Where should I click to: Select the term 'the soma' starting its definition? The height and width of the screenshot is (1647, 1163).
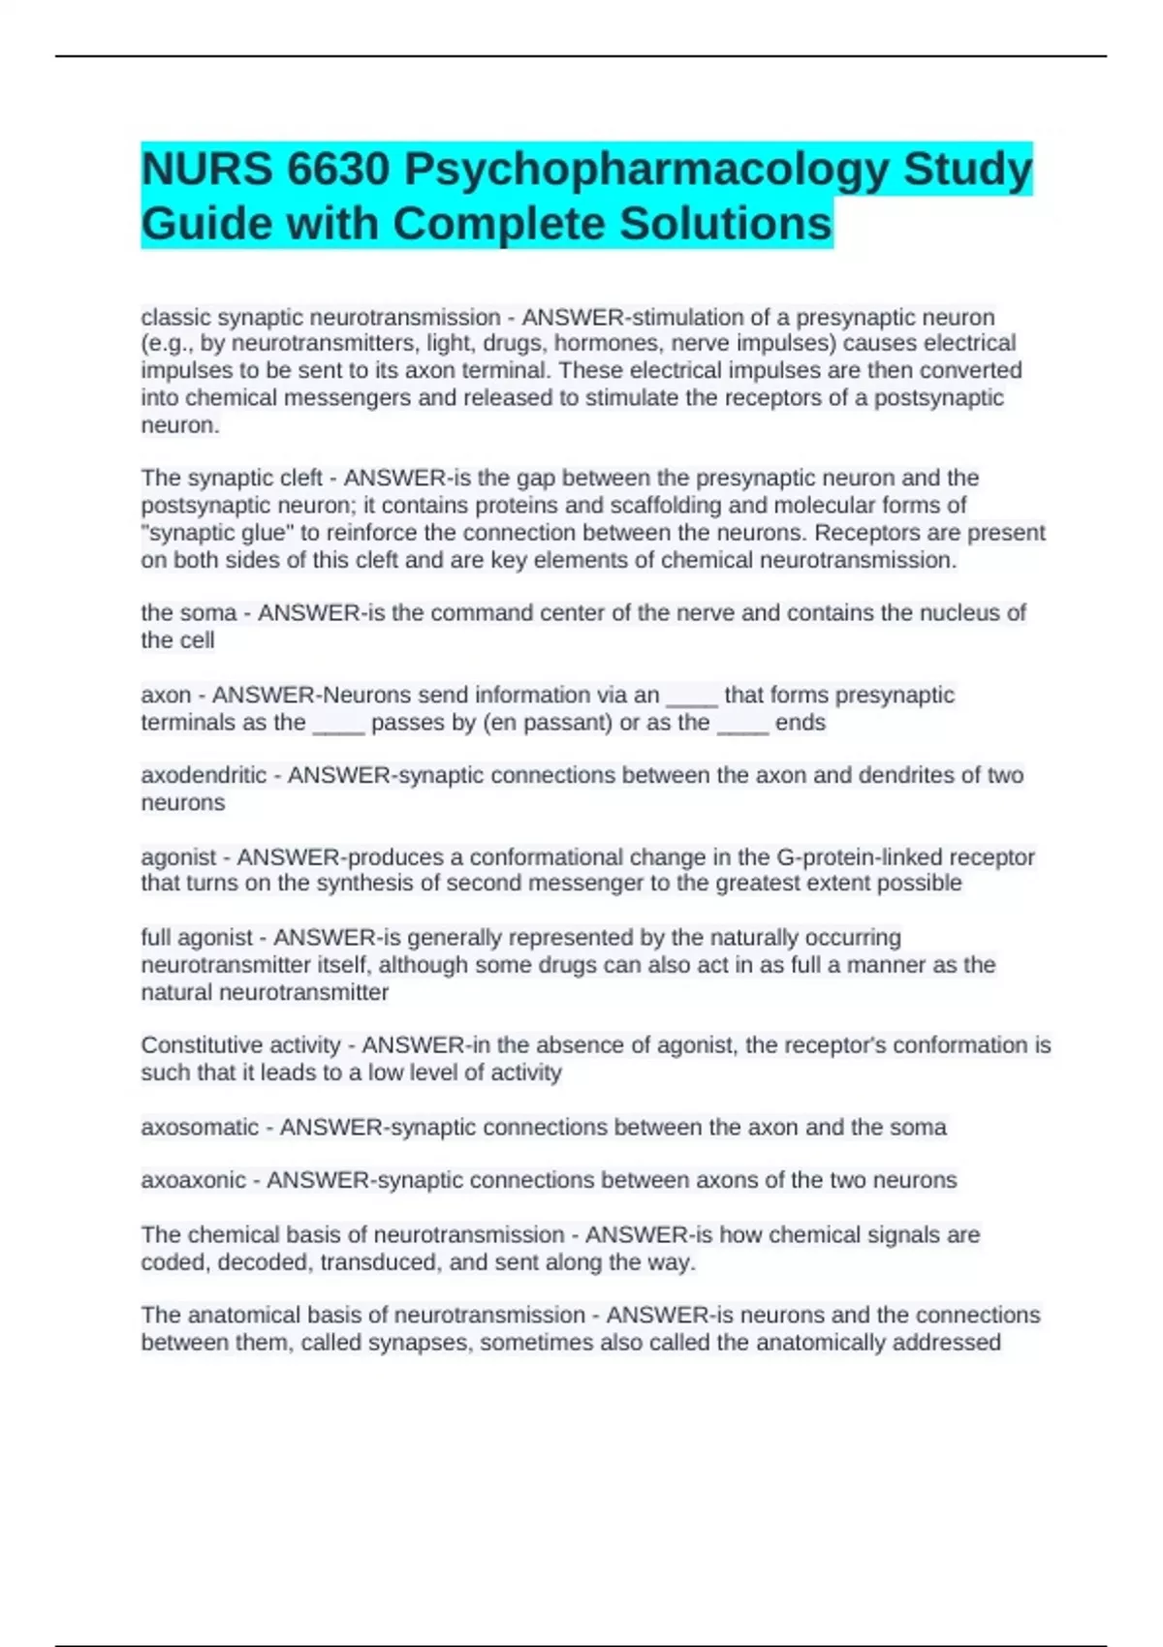(189, 613)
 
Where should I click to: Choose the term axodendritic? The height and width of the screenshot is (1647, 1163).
(204, 776)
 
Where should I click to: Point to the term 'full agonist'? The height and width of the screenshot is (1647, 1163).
(197, 938)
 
